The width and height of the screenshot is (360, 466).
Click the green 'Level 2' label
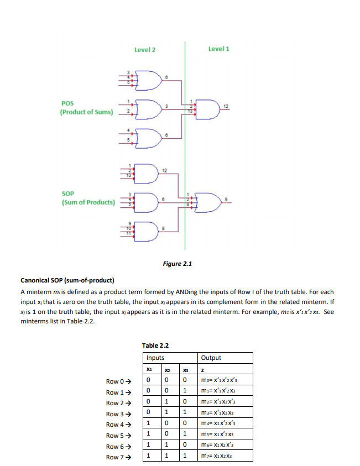pyautogui.click(x=144, y=50)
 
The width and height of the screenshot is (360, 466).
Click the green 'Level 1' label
pyautogui.click(x=218, y=49)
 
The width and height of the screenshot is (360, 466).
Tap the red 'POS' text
pyautogui.click(x=67, y=103)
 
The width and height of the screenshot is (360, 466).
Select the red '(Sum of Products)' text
pyautogui.click(x=88, y=202)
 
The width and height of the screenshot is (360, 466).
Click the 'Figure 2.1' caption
pyautogui.click(x=178, y=264)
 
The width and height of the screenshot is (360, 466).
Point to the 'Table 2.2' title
pyautogui.click(x=155, y=345)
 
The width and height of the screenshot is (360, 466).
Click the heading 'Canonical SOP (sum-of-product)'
pyautogui.click(x=67, y=280)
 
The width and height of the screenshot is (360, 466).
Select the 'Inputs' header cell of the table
pyautogui.click(x=155, y=358)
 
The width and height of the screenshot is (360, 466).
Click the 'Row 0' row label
pyautogui.click(x=119, y=381)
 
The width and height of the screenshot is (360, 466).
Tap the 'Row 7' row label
pyautogui.click(x=119, y=457)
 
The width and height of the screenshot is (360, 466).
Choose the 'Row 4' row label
pyautogui.click(x=119, y=425)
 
